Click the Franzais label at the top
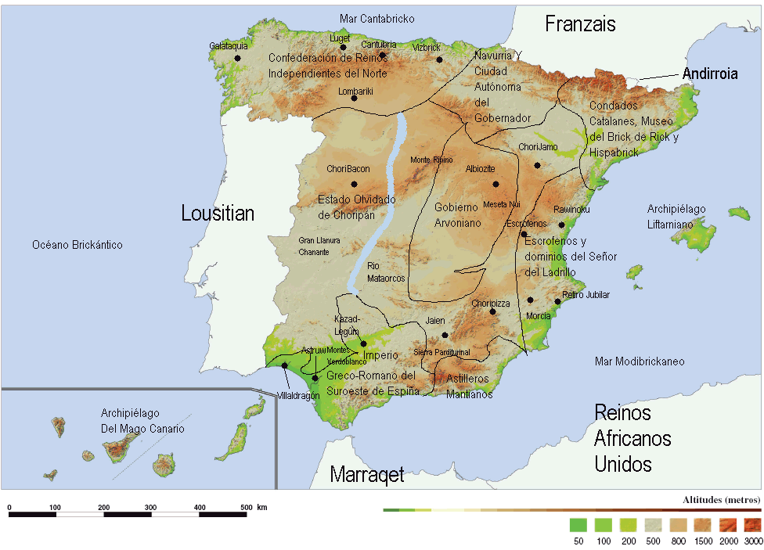point(580,24)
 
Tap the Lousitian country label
point(218,213)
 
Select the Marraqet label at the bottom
point(367,474)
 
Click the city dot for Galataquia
point(237,58)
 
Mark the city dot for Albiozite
point(496,184)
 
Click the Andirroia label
point(710,74)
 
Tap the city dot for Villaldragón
point(284,365)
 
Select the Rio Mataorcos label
point(385,272)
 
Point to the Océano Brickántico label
point(77,245)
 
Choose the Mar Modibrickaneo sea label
point(639,361)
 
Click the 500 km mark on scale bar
point(247,508)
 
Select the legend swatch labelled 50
point(578,524)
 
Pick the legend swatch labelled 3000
point(753,524)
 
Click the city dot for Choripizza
point(492,311)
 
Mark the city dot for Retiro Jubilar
point(557,301)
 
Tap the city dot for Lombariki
point(354,98)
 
